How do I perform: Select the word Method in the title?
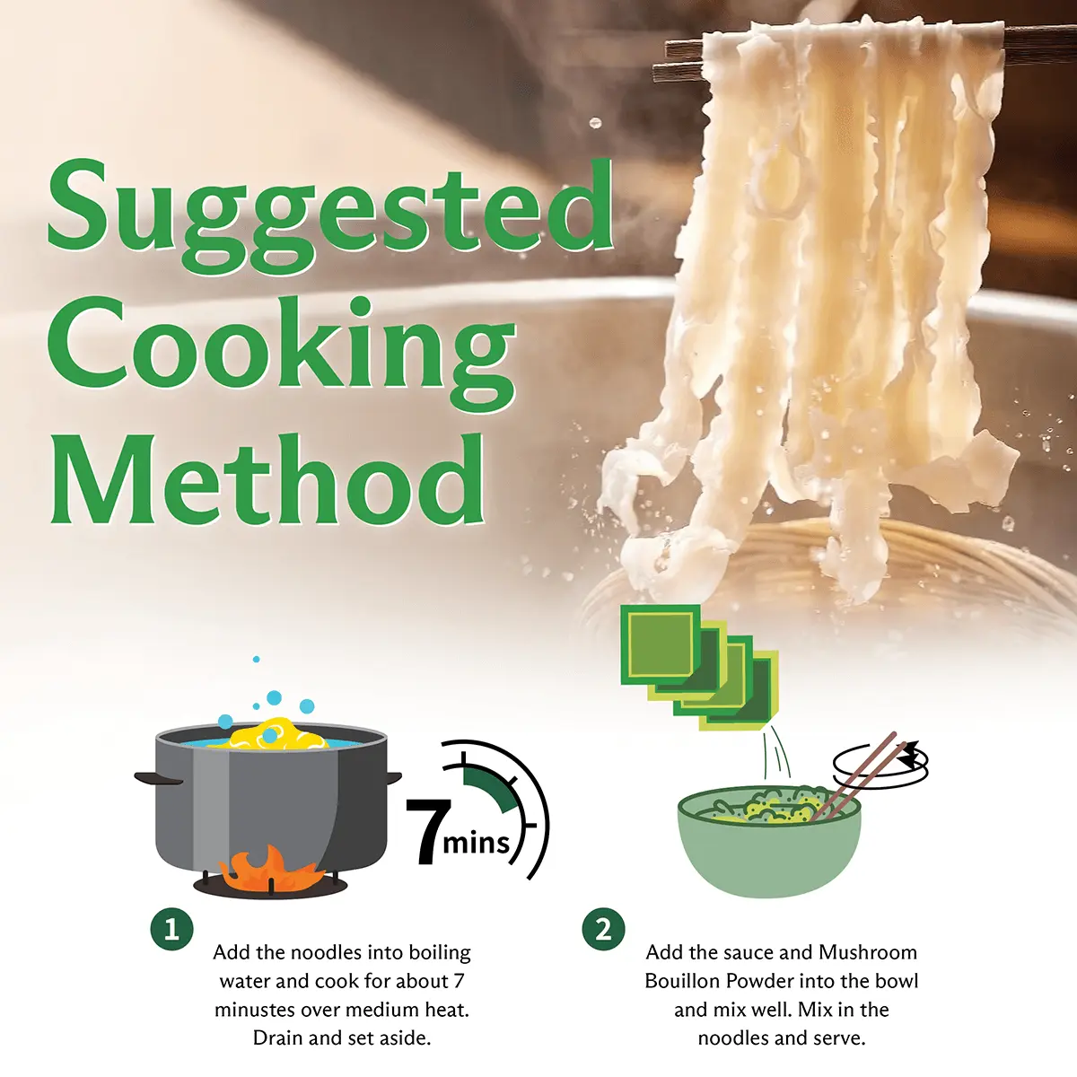(x=267, y=479)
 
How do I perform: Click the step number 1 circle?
(x=171, y=930)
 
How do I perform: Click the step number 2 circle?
(x=604, y=930)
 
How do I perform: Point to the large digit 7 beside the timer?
(x=428, y=831)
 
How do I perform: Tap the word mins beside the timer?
(x=477, y=842)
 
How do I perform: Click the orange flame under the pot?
(x=270, y=867)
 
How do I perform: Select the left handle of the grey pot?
(x=158, y=778)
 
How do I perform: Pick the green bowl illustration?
(x=769, y=841)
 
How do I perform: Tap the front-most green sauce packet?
(x=660, y=645)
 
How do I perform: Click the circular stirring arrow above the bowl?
(x=881, y=763)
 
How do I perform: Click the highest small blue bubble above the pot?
(x=256, y=660)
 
